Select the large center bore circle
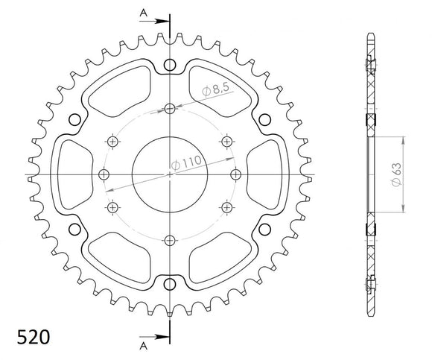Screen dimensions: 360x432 click(x=170, y=174)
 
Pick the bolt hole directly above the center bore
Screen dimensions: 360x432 click(x=170, y=109)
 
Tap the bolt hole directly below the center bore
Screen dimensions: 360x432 click(x=170, y=239)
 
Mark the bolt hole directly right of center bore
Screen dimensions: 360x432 click(x=235, y=174)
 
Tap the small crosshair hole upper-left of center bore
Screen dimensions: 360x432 click(x=113, y=142)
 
